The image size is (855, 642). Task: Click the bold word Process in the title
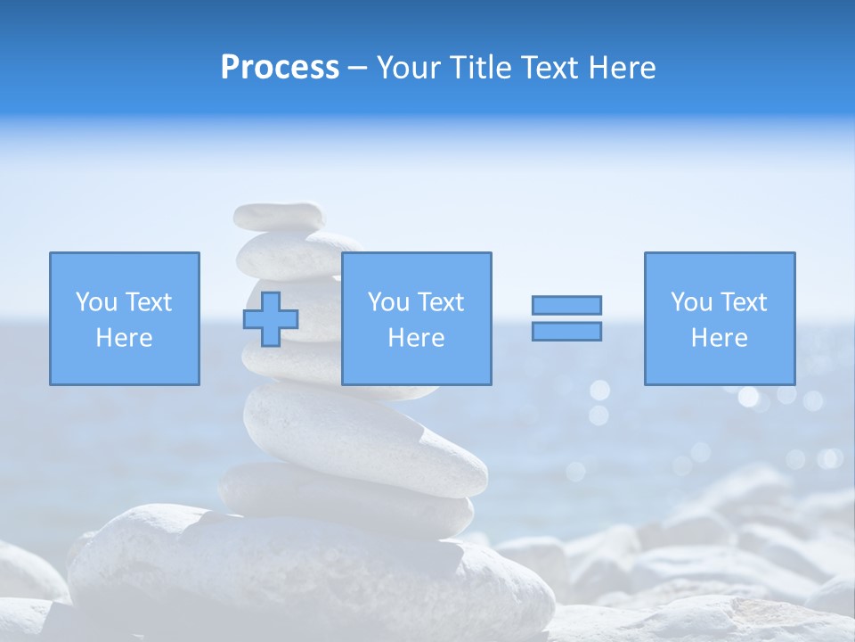[280, 68]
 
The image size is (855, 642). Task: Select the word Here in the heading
[621, 68]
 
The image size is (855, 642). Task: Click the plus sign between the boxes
[271, 319]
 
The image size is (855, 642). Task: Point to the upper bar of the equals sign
[566, 305]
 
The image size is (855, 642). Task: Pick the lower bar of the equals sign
[566, 331]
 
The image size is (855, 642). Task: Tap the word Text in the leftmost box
[148, 302]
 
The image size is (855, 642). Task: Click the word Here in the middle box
[416, 338]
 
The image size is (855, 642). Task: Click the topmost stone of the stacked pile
[279, 215]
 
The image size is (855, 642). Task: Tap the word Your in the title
[409, 68]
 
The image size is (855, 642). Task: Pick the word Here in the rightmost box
[719, 338]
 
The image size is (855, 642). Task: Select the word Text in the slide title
[550, 68]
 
